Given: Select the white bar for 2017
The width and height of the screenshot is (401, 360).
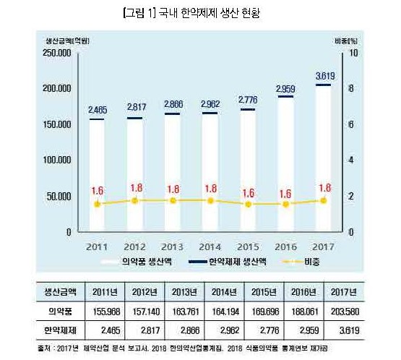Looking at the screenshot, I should [x=324, y=159].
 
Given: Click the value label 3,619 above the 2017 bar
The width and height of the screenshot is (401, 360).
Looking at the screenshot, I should [x=324, y=76].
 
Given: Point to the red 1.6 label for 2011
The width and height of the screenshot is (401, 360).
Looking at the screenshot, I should [x=98, y=190].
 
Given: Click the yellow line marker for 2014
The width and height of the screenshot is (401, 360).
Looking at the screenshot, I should [x=210, y=200].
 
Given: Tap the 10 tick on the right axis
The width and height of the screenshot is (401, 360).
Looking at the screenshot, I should [x=353, y=53].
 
